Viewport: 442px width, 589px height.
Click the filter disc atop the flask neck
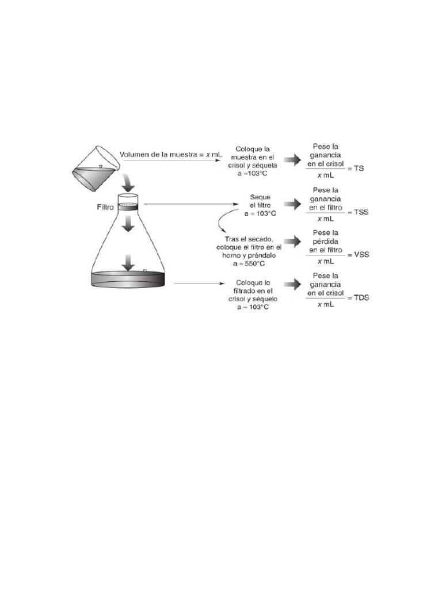[129, 204]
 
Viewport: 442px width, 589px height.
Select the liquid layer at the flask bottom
[129, 279]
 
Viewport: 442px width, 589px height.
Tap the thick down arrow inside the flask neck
[129, 228]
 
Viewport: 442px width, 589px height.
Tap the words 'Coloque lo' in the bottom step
[252, 282]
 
